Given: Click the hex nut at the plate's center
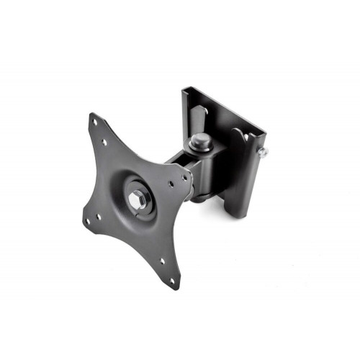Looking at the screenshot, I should click(136, 195).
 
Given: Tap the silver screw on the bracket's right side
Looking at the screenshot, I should click(264, 153).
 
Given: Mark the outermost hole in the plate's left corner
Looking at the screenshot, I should click(86, 221).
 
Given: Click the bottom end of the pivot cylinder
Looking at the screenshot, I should click(202, 198).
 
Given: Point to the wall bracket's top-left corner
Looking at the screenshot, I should click(184, 89).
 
